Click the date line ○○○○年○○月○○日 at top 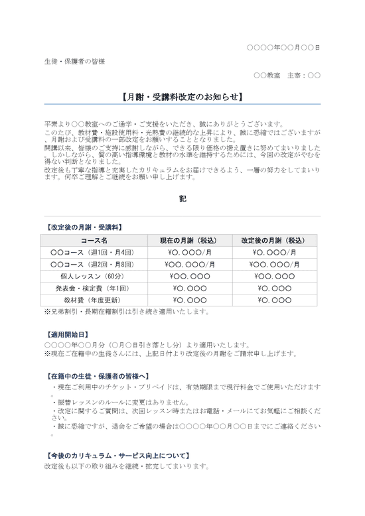click(x=283, y=48)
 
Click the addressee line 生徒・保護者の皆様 click(x=74, y=62)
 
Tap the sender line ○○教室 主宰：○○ click(x=287, y=76)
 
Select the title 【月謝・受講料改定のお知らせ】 click(x=183, y=97)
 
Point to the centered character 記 click(x=183, y=198)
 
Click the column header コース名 click(x=94, y=241)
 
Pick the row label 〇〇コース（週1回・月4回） click(x=94, y=253)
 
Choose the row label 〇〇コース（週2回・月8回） click(x=94, y=265)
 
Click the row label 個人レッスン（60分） click(x=94, y=277)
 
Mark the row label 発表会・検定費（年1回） click(x=94, y=289)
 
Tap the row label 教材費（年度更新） click(x=94, y=300)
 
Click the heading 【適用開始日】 click(x=66, y=336)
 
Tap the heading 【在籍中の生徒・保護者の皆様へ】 click(x=96, y=376)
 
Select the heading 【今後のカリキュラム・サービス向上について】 click(x=117, y=456)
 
